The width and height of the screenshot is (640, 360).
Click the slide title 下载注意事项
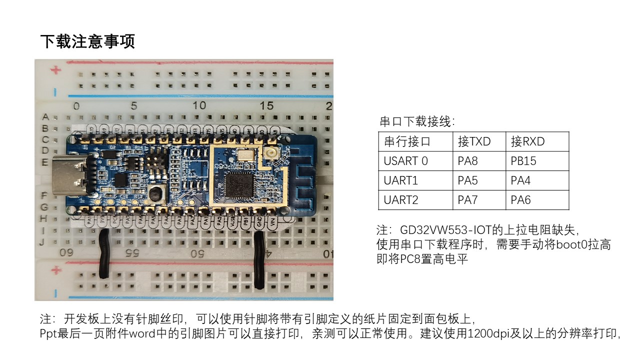click(87, 41)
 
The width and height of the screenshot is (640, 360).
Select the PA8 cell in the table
click(467, 161)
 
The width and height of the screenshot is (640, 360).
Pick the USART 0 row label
click(406, 161)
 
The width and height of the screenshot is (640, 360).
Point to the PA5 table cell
click(467, 180)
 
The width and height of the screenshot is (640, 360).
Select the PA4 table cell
click(520, 180)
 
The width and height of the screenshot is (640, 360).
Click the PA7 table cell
click(467, 200)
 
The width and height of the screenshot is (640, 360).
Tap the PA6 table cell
click(520, 200)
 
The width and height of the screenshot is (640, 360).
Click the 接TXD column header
click(474, 141)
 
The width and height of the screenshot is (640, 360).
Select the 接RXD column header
click(527, 141)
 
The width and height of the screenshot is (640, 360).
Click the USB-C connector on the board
click(78, 172)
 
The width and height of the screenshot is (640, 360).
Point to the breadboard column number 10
click(199, 105)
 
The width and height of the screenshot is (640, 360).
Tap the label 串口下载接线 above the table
click(417, 121)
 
